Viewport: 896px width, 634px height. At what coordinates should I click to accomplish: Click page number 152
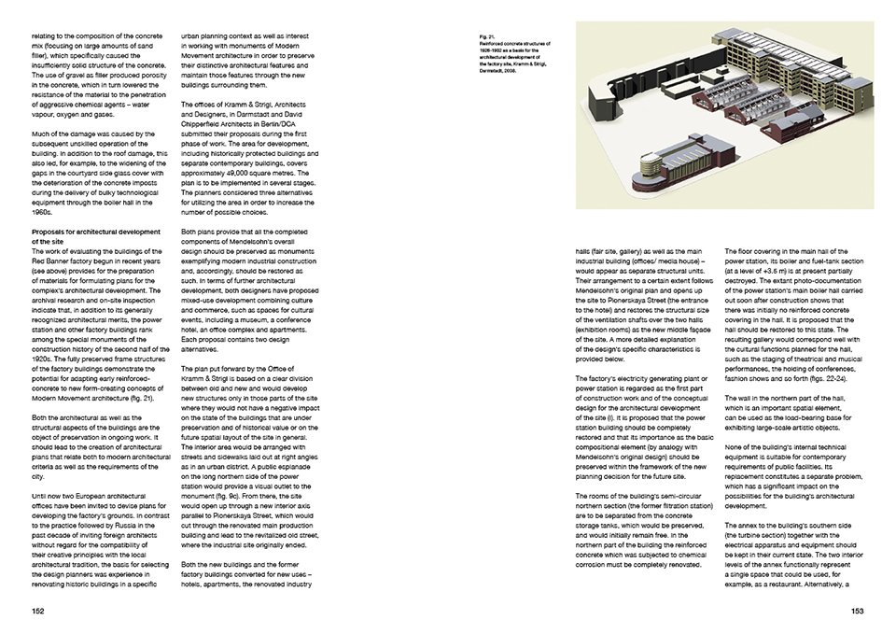coord(38,611)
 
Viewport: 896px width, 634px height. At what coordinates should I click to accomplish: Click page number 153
coord(857,611)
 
